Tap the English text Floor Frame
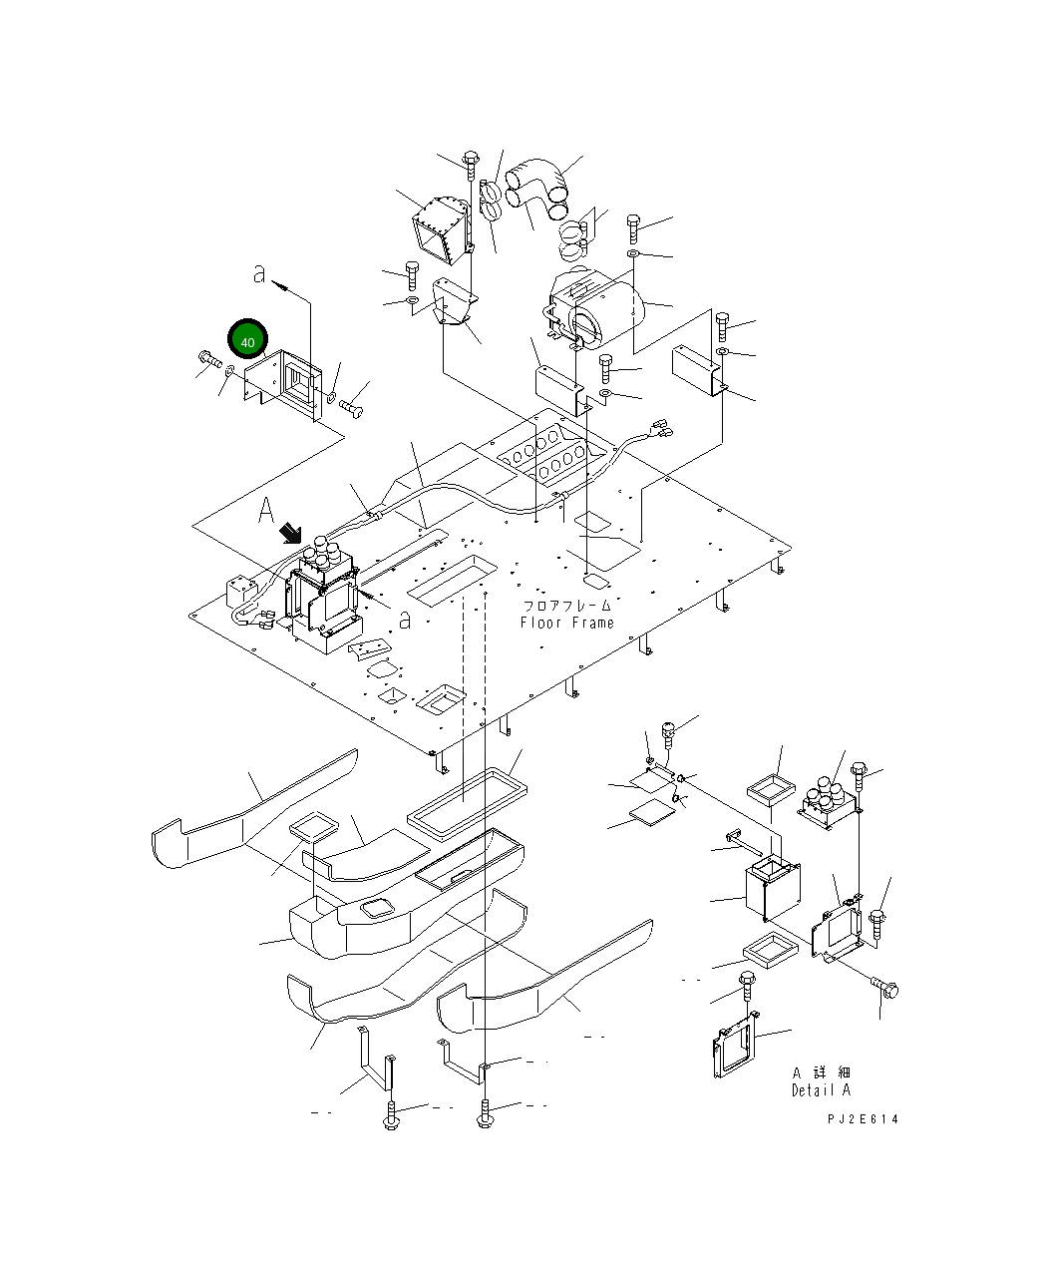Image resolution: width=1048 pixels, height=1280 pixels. pos(566,624)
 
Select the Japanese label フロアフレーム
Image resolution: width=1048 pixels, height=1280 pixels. pos(566,606)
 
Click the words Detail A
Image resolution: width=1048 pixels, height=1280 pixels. pos(822,1090)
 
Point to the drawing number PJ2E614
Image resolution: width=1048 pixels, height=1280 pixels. pos(863,1119)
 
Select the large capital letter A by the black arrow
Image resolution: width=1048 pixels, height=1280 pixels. pos(266,513)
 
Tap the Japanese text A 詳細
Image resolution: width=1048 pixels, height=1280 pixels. pos(822,1072)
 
